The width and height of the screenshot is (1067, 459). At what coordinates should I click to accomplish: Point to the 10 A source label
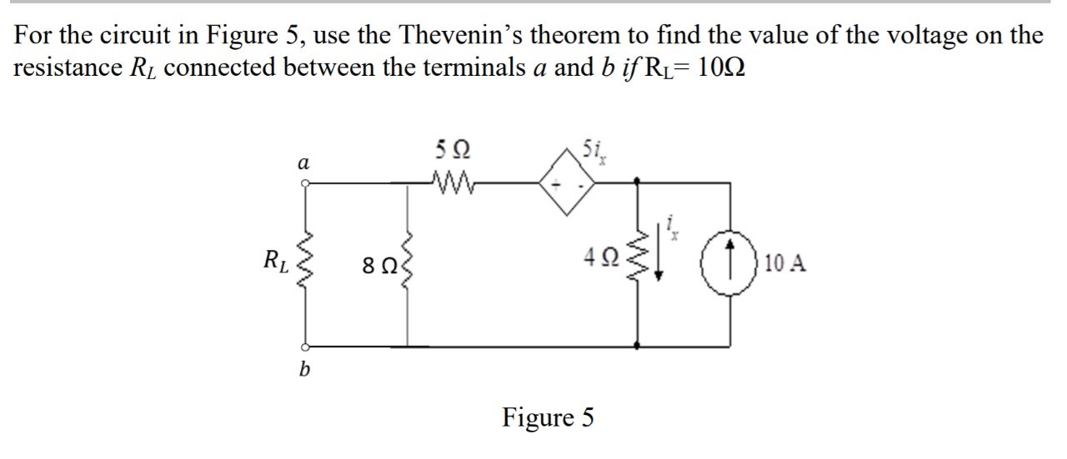point(784,265)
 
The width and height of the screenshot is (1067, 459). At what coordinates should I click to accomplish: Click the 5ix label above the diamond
point(599,153)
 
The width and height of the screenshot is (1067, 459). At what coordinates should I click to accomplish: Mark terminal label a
point(304,163)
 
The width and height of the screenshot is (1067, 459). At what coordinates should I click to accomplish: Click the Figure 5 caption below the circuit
point(548,417)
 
